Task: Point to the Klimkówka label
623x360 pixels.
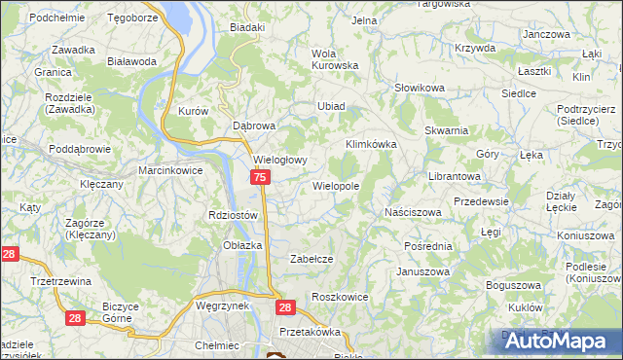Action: coord(372,144)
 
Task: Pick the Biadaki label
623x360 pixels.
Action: coord(247,27)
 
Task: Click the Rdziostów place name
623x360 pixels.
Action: coord(232,215)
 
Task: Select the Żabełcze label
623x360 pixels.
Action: coord(312,259)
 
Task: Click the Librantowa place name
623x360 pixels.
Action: coord(456,177)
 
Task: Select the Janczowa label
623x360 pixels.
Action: coord(545,33)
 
